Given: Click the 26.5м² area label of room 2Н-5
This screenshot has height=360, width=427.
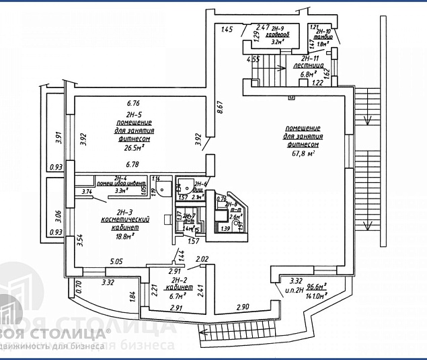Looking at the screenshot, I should [133, 148].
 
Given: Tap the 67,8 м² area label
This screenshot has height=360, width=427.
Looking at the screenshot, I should [302, 153].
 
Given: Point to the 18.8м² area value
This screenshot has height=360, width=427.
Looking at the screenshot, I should [124, 236].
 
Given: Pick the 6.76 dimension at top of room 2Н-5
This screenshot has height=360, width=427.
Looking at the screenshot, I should [133, 104].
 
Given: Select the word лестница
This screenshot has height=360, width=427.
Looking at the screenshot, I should [309, 66].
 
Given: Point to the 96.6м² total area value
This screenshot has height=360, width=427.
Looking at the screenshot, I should [316, 285].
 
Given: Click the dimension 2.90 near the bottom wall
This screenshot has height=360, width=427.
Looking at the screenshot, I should [244, 307].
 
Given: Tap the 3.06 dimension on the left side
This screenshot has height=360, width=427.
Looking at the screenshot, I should [57, 217].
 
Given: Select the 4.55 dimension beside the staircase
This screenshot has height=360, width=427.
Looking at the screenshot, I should [254, 59].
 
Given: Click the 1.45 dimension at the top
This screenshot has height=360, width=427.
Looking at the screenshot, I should [226, 29].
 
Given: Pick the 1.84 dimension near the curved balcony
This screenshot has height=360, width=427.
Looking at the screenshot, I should [132, 294].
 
